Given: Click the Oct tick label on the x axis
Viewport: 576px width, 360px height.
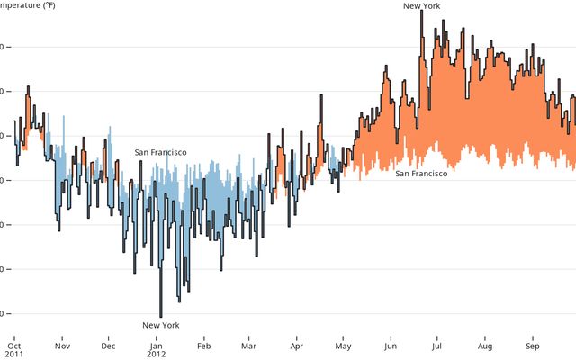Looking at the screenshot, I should [13, 345].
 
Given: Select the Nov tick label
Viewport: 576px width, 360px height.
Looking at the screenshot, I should [62, 345].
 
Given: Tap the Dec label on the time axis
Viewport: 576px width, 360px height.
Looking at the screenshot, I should [108, 345].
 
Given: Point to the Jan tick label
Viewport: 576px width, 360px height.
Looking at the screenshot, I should [157, 345].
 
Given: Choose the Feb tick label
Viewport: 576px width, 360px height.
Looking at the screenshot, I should [204, 345].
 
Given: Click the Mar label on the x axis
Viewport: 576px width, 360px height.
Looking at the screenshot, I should [249, 345].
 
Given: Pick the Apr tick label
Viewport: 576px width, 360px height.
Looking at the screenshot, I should [297, 345].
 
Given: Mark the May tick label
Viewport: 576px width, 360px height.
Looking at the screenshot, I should [343, 345].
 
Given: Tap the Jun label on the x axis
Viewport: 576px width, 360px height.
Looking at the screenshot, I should [391, 345].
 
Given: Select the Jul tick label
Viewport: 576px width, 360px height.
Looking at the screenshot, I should [436, 345].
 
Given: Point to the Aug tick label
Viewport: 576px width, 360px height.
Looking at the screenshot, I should [485, 345].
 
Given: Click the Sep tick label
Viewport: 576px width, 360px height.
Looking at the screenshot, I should [533, 345].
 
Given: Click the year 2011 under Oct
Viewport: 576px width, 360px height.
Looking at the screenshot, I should [14, 355].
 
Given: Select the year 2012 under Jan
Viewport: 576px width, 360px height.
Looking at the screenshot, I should [157, 355].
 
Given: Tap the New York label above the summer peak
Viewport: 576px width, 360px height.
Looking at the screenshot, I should [421, 6].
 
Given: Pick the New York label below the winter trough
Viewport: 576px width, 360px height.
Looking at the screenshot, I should [161, 325].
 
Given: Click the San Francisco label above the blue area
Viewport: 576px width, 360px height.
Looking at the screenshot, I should [160, 152].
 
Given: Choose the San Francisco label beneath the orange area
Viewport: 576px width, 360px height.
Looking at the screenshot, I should [421, 173].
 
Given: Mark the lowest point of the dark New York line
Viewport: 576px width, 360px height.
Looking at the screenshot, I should [160, 316].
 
